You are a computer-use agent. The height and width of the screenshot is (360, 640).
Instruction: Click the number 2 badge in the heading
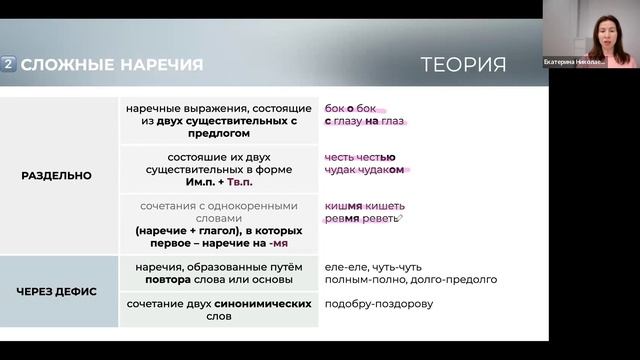click(x=10, y=65)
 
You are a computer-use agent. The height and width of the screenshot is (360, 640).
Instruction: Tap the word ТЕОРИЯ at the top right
click(x=463, y=65)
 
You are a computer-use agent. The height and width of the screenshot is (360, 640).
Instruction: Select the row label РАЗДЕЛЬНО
click(x=56, y=175)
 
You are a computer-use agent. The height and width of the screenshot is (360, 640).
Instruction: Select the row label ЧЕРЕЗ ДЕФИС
click(x=56, y=292)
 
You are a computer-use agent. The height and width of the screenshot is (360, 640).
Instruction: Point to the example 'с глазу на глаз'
click(x=364, y=121)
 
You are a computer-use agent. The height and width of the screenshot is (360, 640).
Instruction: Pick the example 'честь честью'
click(x=360, y=156)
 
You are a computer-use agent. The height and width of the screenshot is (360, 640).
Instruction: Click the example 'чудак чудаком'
click(x=364, y=170)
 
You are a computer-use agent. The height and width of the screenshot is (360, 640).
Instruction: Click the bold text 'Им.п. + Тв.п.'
click(x=220, y=182)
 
